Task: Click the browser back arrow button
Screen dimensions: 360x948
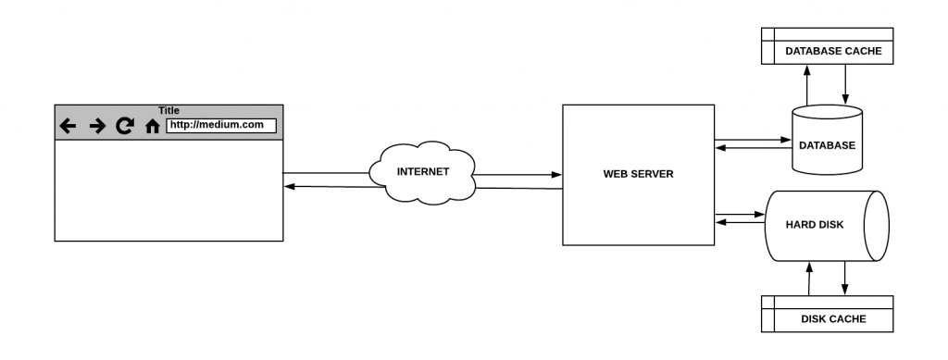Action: click(x=67, y=126)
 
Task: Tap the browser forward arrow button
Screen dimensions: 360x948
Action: click(x=97, y=126)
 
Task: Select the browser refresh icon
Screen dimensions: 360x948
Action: click(x=125, y=126)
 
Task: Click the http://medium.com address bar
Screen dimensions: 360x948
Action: click(x=221, y=126)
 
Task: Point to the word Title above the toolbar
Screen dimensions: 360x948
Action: click(x=168, y=110)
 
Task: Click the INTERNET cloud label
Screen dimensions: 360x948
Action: click(x=422, y=171)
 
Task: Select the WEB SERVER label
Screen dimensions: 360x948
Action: click(x=638, y=174)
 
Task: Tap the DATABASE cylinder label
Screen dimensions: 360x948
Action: click(x=827, y=145)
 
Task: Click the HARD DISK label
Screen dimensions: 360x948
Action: click(x=815, y=224)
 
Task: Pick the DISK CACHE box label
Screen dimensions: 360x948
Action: click(x=833, y=319)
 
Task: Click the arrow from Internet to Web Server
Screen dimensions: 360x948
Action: click(x=518, y=173)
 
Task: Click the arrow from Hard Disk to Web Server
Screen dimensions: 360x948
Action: click(x=741, y=221)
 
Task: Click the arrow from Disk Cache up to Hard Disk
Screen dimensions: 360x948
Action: click(x=809, y=278)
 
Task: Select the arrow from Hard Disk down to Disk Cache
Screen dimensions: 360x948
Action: click(x=845, y=278)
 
